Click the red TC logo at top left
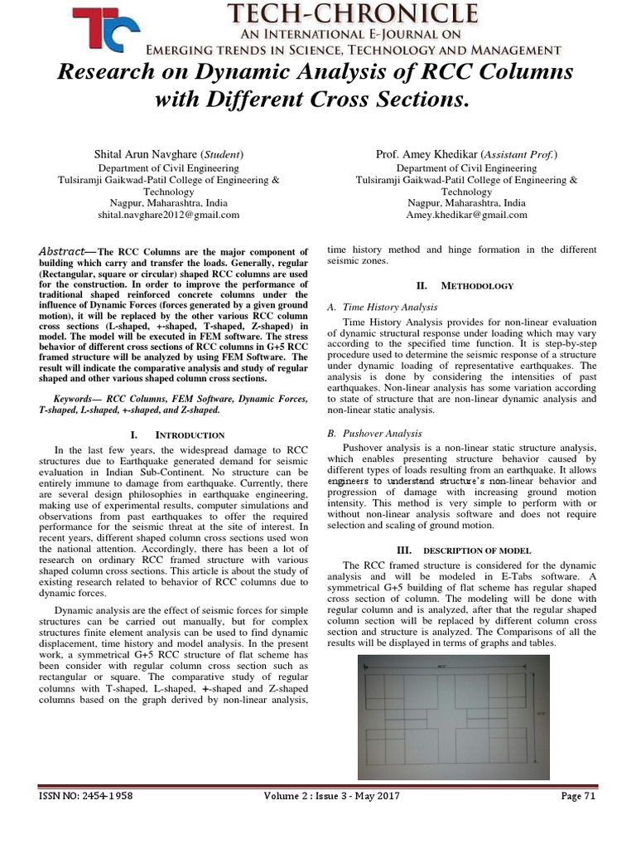click(105, 31)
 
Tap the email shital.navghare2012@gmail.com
click(168, 214)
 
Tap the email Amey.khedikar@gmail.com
click(466, 214)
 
